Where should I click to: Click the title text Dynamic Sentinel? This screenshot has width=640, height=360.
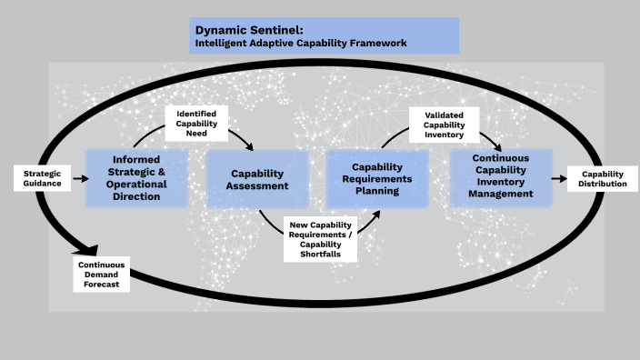coord(243,30)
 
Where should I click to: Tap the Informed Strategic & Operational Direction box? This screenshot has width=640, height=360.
coord(137,178)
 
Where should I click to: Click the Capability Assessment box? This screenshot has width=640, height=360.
coord(258,179)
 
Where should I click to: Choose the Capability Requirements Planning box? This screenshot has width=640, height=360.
coord(377,179)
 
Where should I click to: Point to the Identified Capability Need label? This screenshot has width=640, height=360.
coord(196,123)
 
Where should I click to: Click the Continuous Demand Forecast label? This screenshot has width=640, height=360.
coord(102,275)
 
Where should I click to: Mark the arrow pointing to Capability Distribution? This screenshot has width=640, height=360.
coord(559,179)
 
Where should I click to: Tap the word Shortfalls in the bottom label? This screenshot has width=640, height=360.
coord(319,255)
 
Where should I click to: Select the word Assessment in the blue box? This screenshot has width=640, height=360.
coord(258,185)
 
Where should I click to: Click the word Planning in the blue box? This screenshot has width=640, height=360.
coord(377,192)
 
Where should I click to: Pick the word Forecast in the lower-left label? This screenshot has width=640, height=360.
coord(102,285)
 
